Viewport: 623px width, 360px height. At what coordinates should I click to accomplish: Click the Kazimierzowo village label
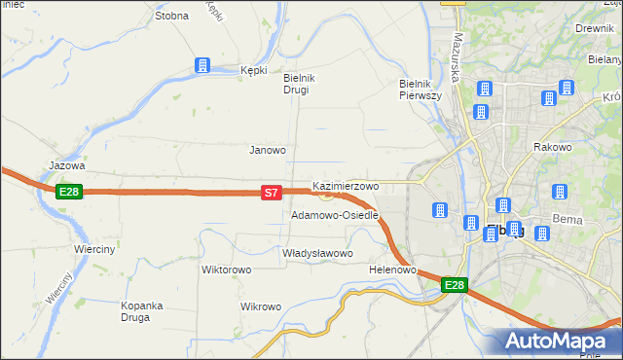point(346,185)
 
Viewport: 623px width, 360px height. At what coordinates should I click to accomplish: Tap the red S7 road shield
point(273,194)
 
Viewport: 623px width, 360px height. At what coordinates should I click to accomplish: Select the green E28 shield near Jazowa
point(68,192)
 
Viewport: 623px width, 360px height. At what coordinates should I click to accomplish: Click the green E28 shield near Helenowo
point(454,285)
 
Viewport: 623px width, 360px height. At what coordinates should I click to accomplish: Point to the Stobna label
point(171,16)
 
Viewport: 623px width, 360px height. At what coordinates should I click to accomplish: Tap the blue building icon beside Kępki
point(202,65)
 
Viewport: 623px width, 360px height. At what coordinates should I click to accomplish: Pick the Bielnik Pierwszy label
point(421,90)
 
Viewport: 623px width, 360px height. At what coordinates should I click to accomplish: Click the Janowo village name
point(268,150)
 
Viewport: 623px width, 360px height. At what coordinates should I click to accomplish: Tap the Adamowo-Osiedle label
point(334,215)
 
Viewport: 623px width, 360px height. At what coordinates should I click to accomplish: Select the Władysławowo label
point(316,253)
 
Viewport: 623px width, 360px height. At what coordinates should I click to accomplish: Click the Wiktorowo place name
point(227,269)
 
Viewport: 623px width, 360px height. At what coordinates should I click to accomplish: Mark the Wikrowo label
point(260,306)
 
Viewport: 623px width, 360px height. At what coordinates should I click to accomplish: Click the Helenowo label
point(393,270)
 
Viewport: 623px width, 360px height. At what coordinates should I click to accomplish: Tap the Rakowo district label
point(552,147)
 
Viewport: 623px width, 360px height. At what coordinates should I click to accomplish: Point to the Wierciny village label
point(94,249)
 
